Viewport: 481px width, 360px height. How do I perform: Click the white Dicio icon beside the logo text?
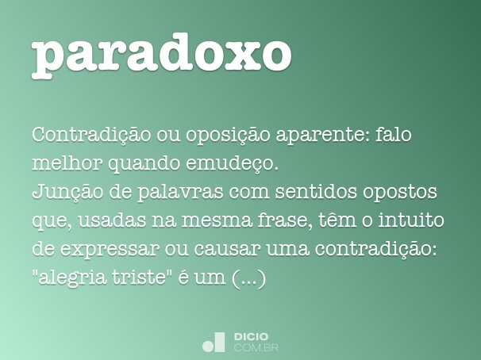tap(214, 342)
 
